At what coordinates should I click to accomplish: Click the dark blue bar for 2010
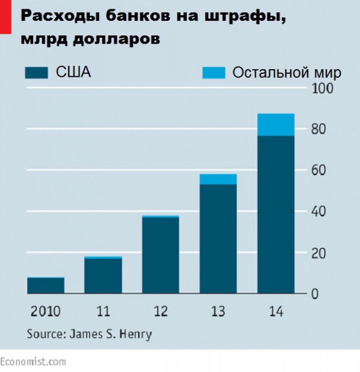tap(46, 285)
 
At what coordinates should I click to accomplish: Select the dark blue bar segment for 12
tap(161, 256)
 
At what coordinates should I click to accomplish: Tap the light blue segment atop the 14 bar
tap(275, 124)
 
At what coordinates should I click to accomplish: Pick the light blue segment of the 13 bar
tap(218, 179)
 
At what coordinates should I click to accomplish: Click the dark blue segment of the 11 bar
tap(103, 276)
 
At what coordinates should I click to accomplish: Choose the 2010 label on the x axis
tap(45, 312)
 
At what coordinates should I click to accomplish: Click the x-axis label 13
tap(218, 312)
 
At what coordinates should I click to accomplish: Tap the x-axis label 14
tap(275, 312)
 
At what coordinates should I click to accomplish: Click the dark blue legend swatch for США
tap(37, 72)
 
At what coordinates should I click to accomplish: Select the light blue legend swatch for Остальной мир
tap(213, 72)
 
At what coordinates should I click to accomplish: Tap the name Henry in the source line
tap(138, 334)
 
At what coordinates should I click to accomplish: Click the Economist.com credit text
tap(33, 362)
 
